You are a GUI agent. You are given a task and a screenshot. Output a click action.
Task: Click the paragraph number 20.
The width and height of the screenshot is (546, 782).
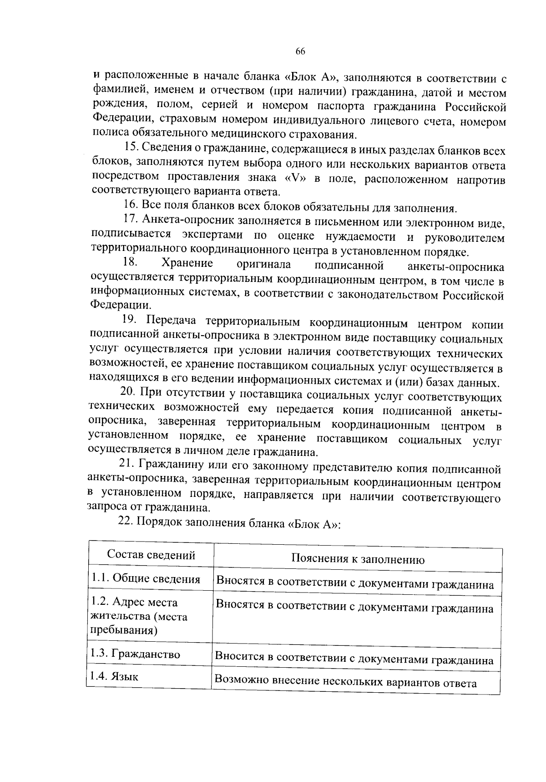click(127, 392)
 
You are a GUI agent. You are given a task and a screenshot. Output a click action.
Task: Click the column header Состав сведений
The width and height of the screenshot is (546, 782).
click(151, 555)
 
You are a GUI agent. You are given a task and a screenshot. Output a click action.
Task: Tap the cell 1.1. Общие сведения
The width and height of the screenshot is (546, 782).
click(145, 578)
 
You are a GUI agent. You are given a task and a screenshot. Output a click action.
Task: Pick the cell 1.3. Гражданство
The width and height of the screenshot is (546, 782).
click(135, 654)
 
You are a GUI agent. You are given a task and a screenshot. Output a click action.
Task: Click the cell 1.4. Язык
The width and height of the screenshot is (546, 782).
click(114, 676)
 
